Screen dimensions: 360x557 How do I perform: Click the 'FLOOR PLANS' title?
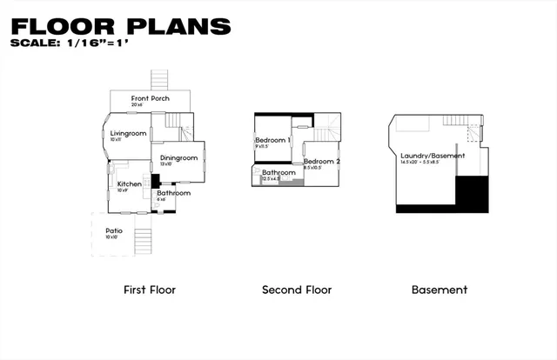point(121,26)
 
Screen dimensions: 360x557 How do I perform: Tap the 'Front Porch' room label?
point(151,98)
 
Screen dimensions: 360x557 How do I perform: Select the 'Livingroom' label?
point(127,133)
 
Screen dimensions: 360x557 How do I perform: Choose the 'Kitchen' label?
point(130,183)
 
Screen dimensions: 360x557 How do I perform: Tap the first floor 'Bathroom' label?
point(173,192)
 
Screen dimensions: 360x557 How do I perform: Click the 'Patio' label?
point(114,230)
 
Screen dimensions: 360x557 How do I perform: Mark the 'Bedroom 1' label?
point(272,140)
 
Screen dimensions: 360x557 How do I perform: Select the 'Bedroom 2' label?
point(321,161)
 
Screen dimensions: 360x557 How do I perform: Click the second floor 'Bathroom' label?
point(279,172)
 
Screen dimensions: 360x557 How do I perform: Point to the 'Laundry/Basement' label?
point(426,156)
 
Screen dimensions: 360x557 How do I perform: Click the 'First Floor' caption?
point(150,290)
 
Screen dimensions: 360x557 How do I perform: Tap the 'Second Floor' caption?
point(297,290)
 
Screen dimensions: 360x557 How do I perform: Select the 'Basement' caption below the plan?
point(440,290)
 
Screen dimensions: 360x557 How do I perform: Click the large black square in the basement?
point(471,192)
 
